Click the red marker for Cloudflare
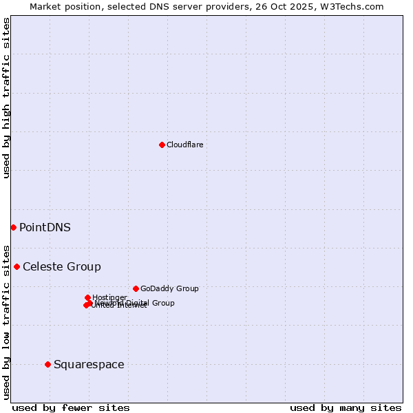(162, 145)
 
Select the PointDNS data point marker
(13, 227)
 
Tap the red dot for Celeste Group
(17, 266)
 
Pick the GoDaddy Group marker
(136, 288)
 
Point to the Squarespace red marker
(47, 364)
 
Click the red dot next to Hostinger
(87, 297)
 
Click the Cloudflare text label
(184, 145)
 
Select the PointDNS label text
(45, 227)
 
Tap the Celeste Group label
(62, 266)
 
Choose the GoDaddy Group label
(169, 288)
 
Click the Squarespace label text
(89, 364)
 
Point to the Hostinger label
(109, 297)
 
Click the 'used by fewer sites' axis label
(71, 407)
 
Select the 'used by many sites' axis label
(346, 407)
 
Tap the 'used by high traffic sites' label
(6, 98)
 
